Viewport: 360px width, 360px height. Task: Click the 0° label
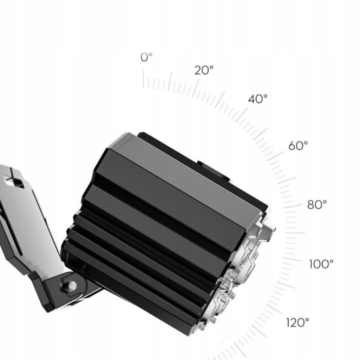[x=146, y=57]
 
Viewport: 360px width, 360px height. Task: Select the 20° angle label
[x=204, y=70]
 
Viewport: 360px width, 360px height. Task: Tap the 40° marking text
[x=258, y=99]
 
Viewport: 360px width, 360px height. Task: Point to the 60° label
[x=298, y=146]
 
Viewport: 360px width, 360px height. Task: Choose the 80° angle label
[x=316, y=204]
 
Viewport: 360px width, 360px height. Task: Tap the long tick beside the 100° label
[x=293, y=260]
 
